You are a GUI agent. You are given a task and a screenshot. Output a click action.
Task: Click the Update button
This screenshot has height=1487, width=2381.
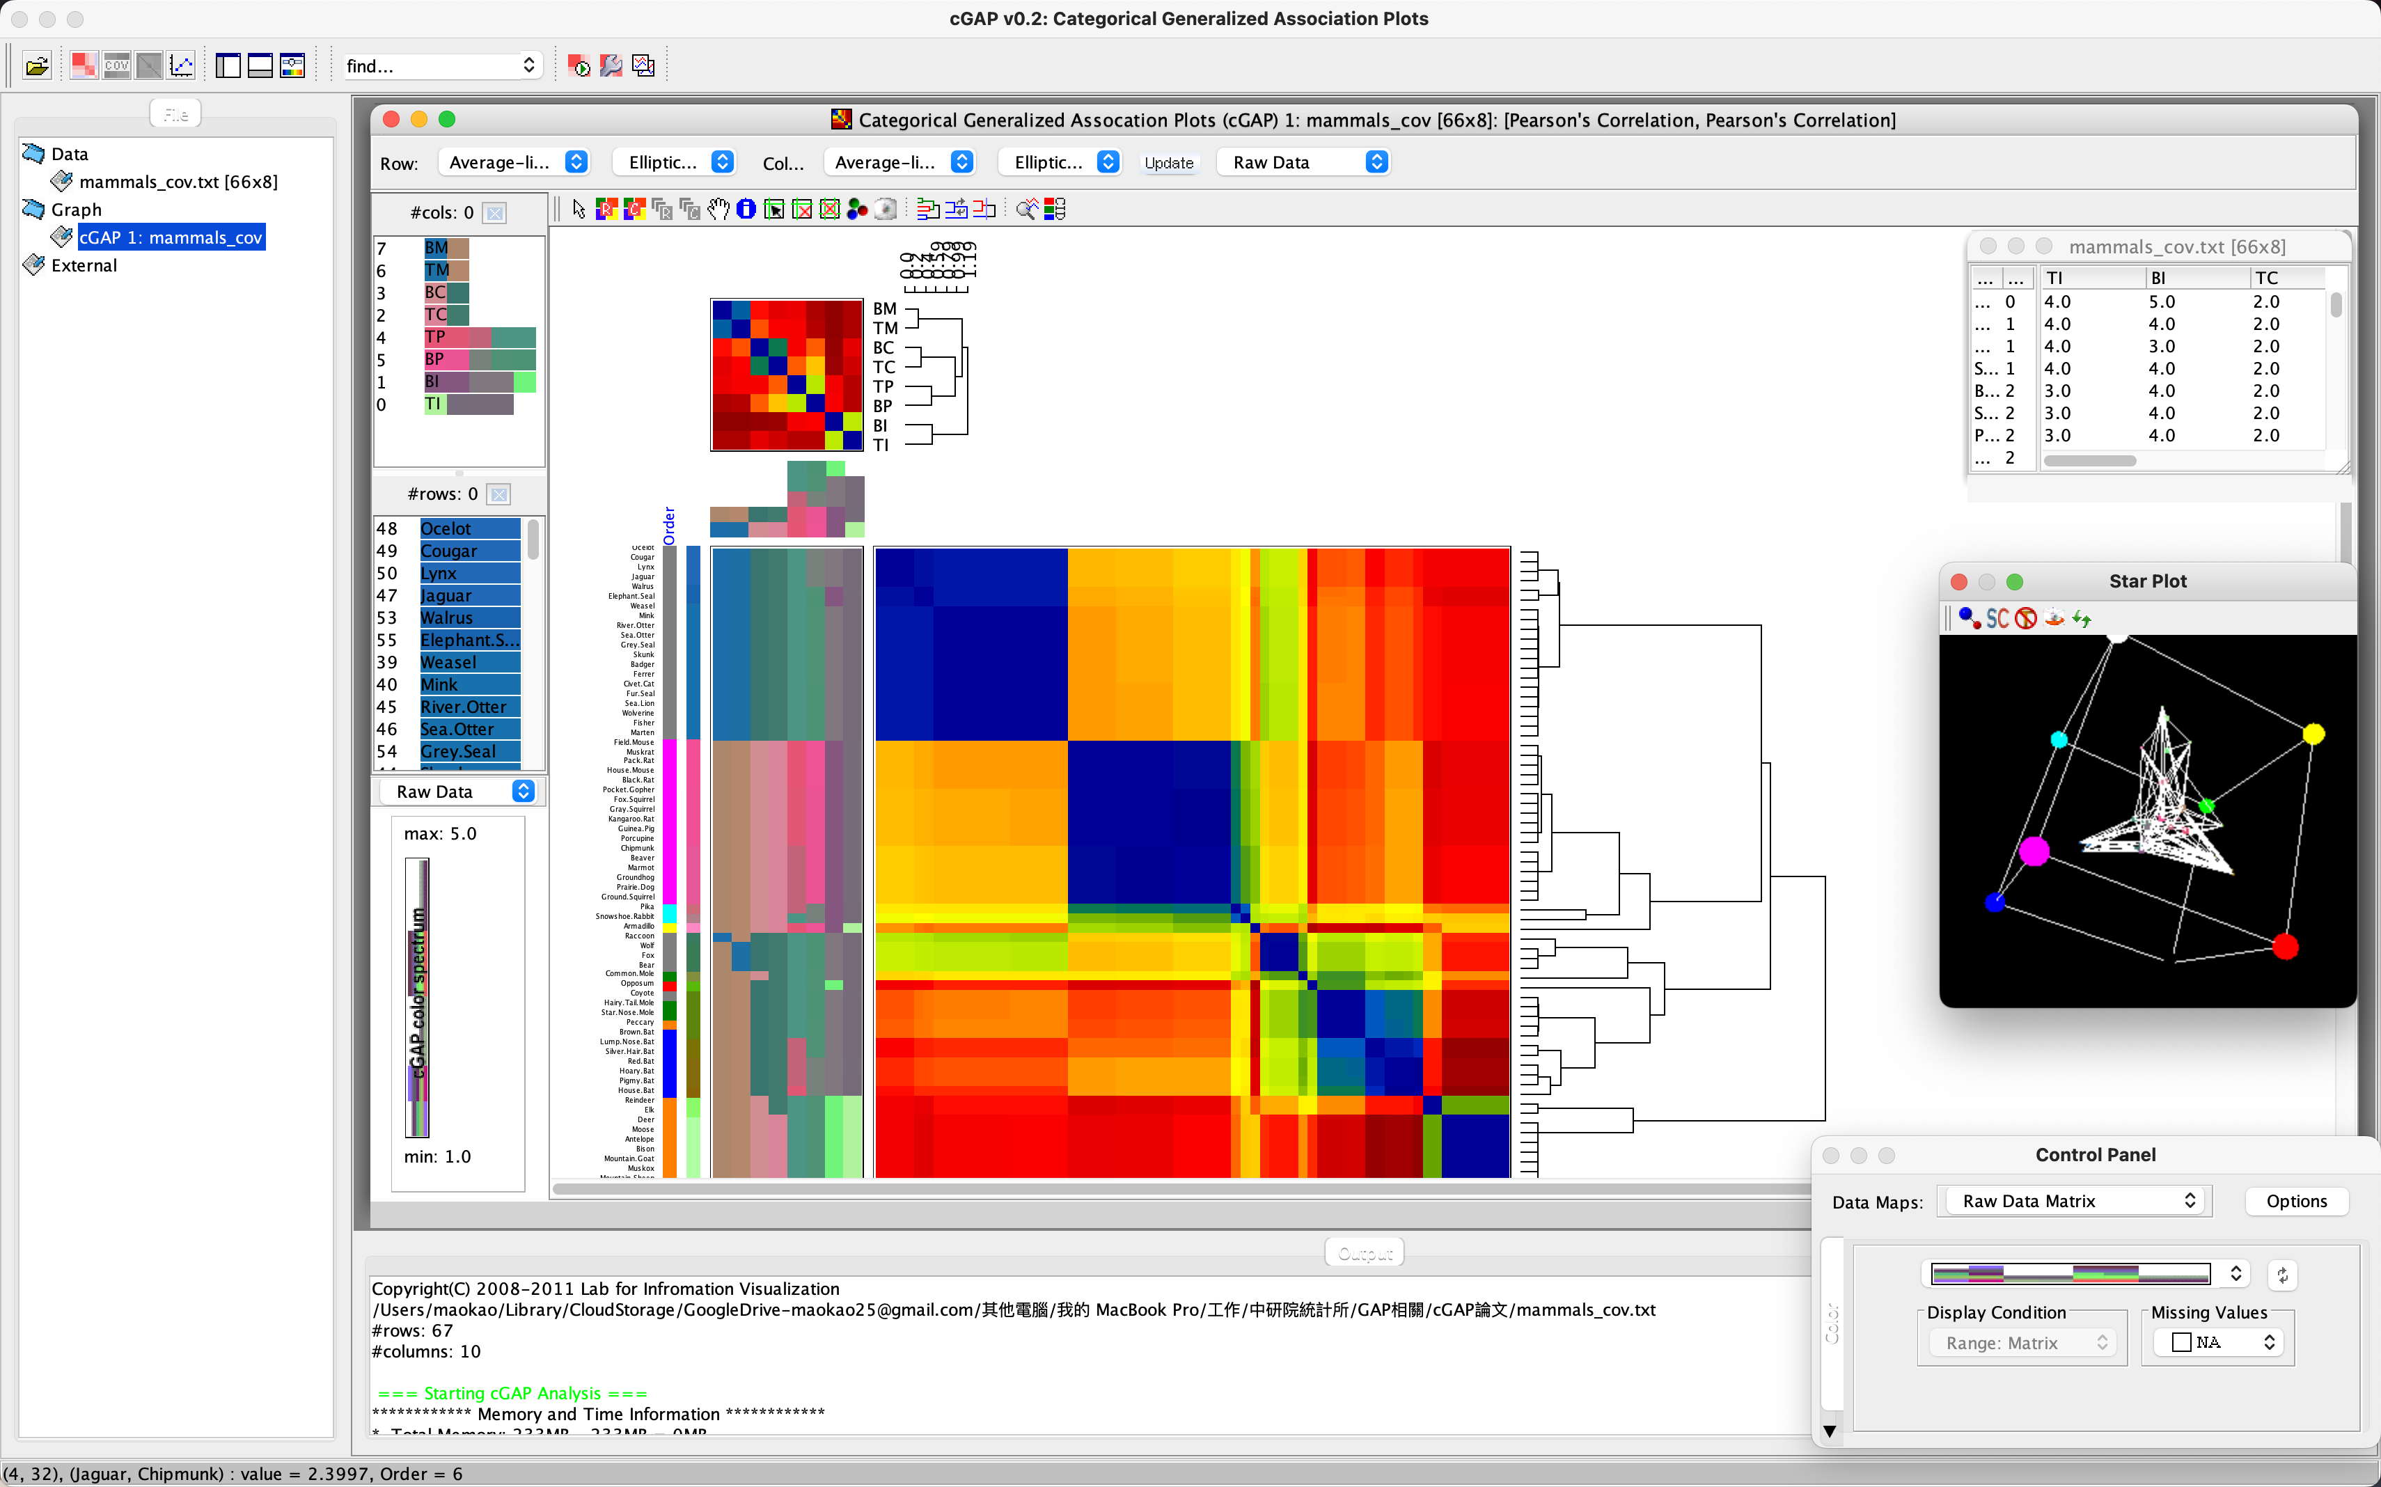[1168, 164]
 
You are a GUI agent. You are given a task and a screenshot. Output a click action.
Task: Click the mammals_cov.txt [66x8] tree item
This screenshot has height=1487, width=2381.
[178, 182]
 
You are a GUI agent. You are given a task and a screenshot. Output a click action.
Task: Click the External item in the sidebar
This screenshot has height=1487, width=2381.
[84, 265]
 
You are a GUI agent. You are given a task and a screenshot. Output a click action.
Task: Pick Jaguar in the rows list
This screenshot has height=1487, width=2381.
[446, 596]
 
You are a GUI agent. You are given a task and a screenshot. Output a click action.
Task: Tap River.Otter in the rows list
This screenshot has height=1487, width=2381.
[463, 707]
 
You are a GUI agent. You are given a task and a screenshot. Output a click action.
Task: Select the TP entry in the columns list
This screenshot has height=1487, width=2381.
[434, 338]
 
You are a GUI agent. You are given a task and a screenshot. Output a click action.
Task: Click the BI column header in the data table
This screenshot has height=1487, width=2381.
[2159, 278]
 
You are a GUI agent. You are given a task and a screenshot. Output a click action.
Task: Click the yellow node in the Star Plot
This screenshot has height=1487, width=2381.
[2313, 734]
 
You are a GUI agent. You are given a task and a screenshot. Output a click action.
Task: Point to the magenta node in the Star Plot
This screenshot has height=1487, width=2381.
[2034, 851]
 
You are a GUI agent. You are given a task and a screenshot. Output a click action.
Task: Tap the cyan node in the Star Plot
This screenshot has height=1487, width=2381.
[2059, 739]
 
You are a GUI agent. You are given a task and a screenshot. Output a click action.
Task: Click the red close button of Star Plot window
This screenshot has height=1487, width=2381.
[1958, 582]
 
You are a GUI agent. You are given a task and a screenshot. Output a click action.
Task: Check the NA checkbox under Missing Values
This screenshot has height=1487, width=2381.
[2181, 1342]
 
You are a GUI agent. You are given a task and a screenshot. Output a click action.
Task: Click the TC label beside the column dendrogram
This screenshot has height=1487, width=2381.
[884, 368]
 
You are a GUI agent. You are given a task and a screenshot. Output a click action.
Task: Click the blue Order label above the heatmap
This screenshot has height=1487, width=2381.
[670, 526]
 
